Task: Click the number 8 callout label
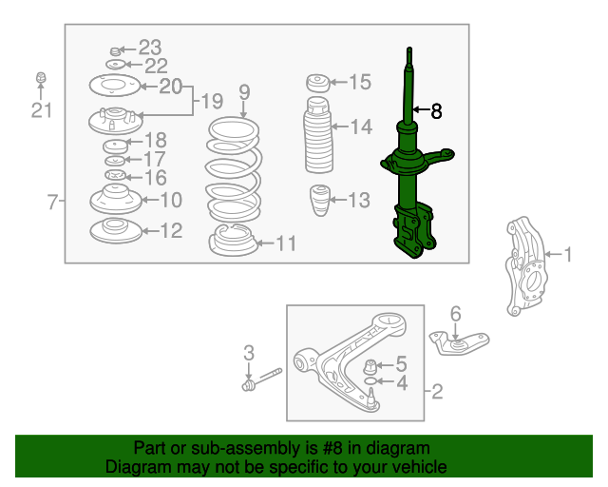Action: pyautogui.click(x=436, y=111)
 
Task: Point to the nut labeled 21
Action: pyautogui.click(x=41, y=77)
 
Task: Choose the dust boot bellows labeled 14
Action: pyautogui.click(x=318, y=135)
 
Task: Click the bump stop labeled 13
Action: pyautogui.click(x=320, y=200)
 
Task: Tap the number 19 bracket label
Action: pyautogui.click(x=213, y=102)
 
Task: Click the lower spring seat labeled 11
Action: pyautogui.click(x=234, y=241)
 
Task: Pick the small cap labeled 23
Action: pyautogui.click(x=114, y=51)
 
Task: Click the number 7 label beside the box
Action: pyautogui.click(x=52, y=202)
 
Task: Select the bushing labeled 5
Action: pyautogui.click(x=370, y=366)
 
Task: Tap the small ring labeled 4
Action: pyautogui.click(x=370, y=381)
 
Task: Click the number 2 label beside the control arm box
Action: pyautogui.click(x=437, y=392)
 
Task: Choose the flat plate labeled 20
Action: pyautogui.click(x=114, y=86)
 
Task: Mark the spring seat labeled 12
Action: pyautogui.click(x=116, y=231)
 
